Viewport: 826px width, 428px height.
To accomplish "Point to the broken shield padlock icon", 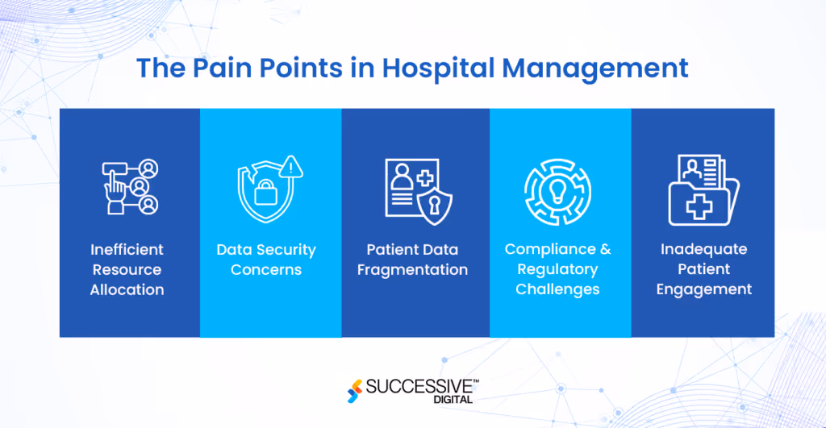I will pos(264,190).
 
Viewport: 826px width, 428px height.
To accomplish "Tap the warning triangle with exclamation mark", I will pos(291,167).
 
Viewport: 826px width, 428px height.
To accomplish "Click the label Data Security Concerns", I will pos(266,260).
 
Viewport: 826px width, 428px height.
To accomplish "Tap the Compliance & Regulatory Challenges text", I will pos(558,269).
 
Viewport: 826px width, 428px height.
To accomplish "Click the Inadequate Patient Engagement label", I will pos(703,269).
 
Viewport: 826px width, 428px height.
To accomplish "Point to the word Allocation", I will pos(127,289).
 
